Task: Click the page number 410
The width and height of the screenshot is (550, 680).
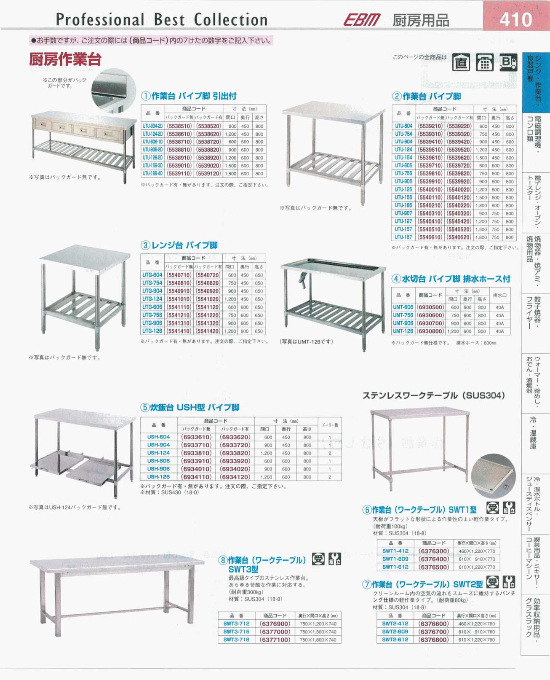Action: (x=516, y=19)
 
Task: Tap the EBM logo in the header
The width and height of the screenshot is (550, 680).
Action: (x=362, y=20)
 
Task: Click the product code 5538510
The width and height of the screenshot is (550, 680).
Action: (x=179, y=126)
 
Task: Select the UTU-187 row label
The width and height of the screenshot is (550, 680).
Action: (x=403, y=237)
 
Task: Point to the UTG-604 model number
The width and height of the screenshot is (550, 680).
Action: (x=152, y=275)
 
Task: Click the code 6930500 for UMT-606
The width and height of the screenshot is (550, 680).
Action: (x=430, y=307)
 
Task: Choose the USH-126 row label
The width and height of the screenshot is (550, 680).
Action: (x=158, y=477)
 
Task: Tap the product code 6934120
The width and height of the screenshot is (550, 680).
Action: (x=235, y=477)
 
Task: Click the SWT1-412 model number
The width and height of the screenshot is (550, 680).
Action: (x=395, y=551)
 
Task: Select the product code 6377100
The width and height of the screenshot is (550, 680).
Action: (x=275, y=640)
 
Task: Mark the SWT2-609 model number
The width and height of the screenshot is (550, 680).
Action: (x=395, y=632)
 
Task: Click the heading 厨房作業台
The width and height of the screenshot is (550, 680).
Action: (x=65, y=59)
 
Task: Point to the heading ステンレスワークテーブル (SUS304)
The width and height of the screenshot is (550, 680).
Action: (x=433, y=395)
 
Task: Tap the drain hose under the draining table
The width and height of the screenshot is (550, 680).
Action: (x=302, y=280)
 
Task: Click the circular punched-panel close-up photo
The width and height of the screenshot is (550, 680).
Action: (x=493, y=475)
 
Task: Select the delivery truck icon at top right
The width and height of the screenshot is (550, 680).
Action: (x=508, y=63)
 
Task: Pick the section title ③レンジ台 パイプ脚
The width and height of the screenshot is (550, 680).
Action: (x=179, y=245)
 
